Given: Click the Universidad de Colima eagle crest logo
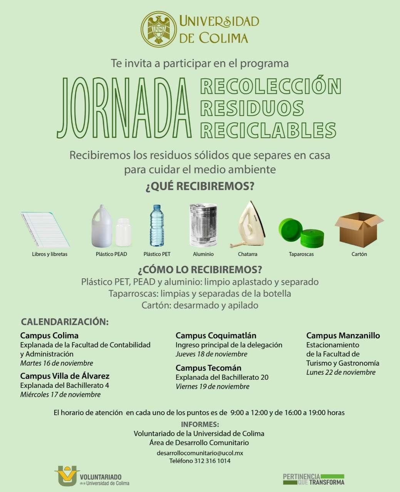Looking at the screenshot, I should coord(159,28).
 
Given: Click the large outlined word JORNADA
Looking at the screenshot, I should coord(124,108).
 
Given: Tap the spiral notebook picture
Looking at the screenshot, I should coord(45,229).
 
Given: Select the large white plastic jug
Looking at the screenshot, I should coord(102,226).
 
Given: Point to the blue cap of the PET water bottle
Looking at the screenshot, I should coord(157,207).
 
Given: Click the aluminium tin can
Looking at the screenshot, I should coord(203,225).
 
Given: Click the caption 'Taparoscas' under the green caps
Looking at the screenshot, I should coord(301,254).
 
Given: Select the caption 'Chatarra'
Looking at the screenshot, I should coord(248,254).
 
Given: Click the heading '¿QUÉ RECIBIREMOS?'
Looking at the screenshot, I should coord(200,186).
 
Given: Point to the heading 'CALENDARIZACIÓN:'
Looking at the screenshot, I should coord(65,321).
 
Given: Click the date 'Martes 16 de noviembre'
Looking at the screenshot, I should coord(57,363).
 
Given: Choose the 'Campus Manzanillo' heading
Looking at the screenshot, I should coord(343,336).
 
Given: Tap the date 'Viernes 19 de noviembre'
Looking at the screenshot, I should coord(213,386).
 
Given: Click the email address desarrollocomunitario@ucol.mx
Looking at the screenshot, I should coord(200,453).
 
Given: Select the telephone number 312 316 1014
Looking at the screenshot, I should coord(200,460).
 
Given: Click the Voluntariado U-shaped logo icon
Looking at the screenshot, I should coord(67,475).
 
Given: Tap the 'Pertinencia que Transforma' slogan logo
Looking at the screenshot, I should coord(313,479).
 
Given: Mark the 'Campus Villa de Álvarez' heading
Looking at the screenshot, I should coord(65,376).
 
